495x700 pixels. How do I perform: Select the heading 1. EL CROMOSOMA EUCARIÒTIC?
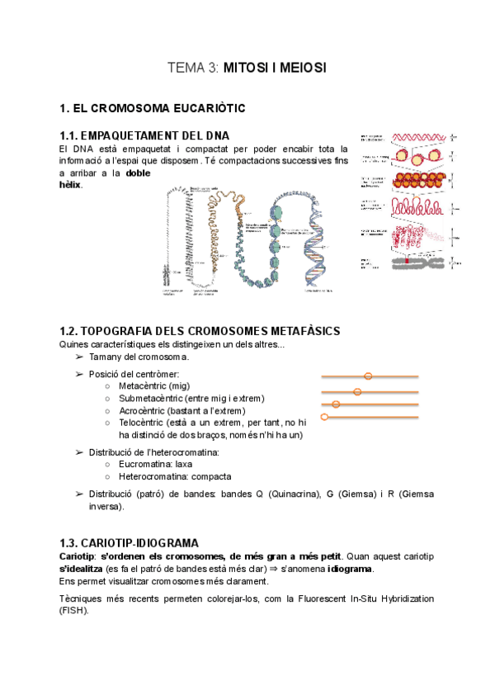(x=153, y=108)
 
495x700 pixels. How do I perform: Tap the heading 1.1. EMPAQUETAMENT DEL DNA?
(x=144, y=135)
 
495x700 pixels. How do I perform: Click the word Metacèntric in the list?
(x=143, y=385)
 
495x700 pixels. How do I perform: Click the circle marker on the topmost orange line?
(x=368, y=376)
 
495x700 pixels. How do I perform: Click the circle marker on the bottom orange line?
(x=324, y=418)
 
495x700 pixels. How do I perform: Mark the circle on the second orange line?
(x=357, y=391)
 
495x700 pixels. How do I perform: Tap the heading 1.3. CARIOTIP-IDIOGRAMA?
(x=129, y=542)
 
